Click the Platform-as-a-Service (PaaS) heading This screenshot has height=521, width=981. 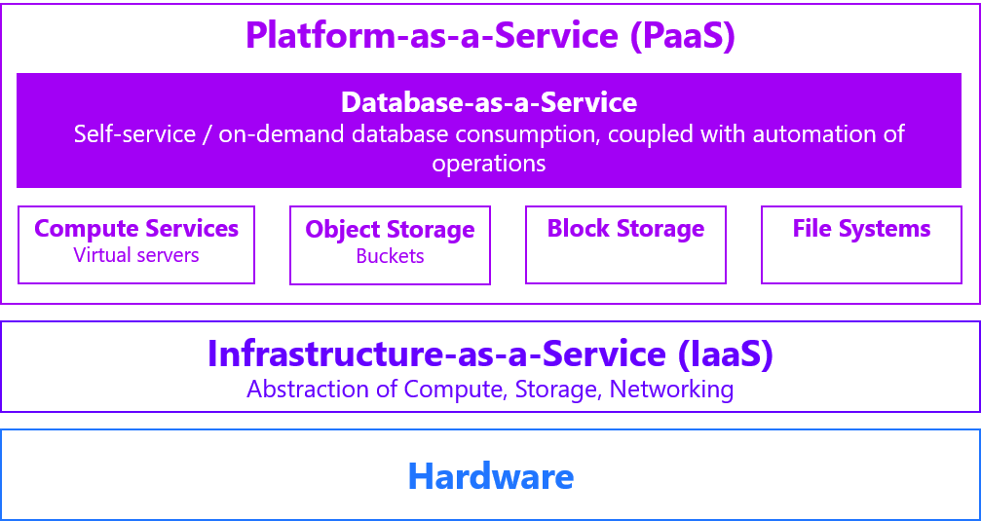489,36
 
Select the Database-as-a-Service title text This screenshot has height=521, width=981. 489,102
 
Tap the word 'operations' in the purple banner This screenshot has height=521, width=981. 489,163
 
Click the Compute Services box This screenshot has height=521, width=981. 136,243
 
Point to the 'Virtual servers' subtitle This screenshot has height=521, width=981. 136,255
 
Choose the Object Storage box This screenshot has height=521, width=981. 390,243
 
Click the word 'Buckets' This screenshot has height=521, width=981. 390,256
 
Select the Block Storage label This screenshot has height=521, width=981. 625,229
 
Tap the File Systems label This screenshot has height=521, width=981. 861,229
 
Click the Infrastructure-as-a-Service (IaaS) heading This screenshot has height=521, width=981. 489,354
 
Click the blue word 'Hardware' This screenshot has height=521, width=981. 490,476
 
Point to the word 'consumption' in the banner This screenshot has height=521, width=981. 524,133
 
